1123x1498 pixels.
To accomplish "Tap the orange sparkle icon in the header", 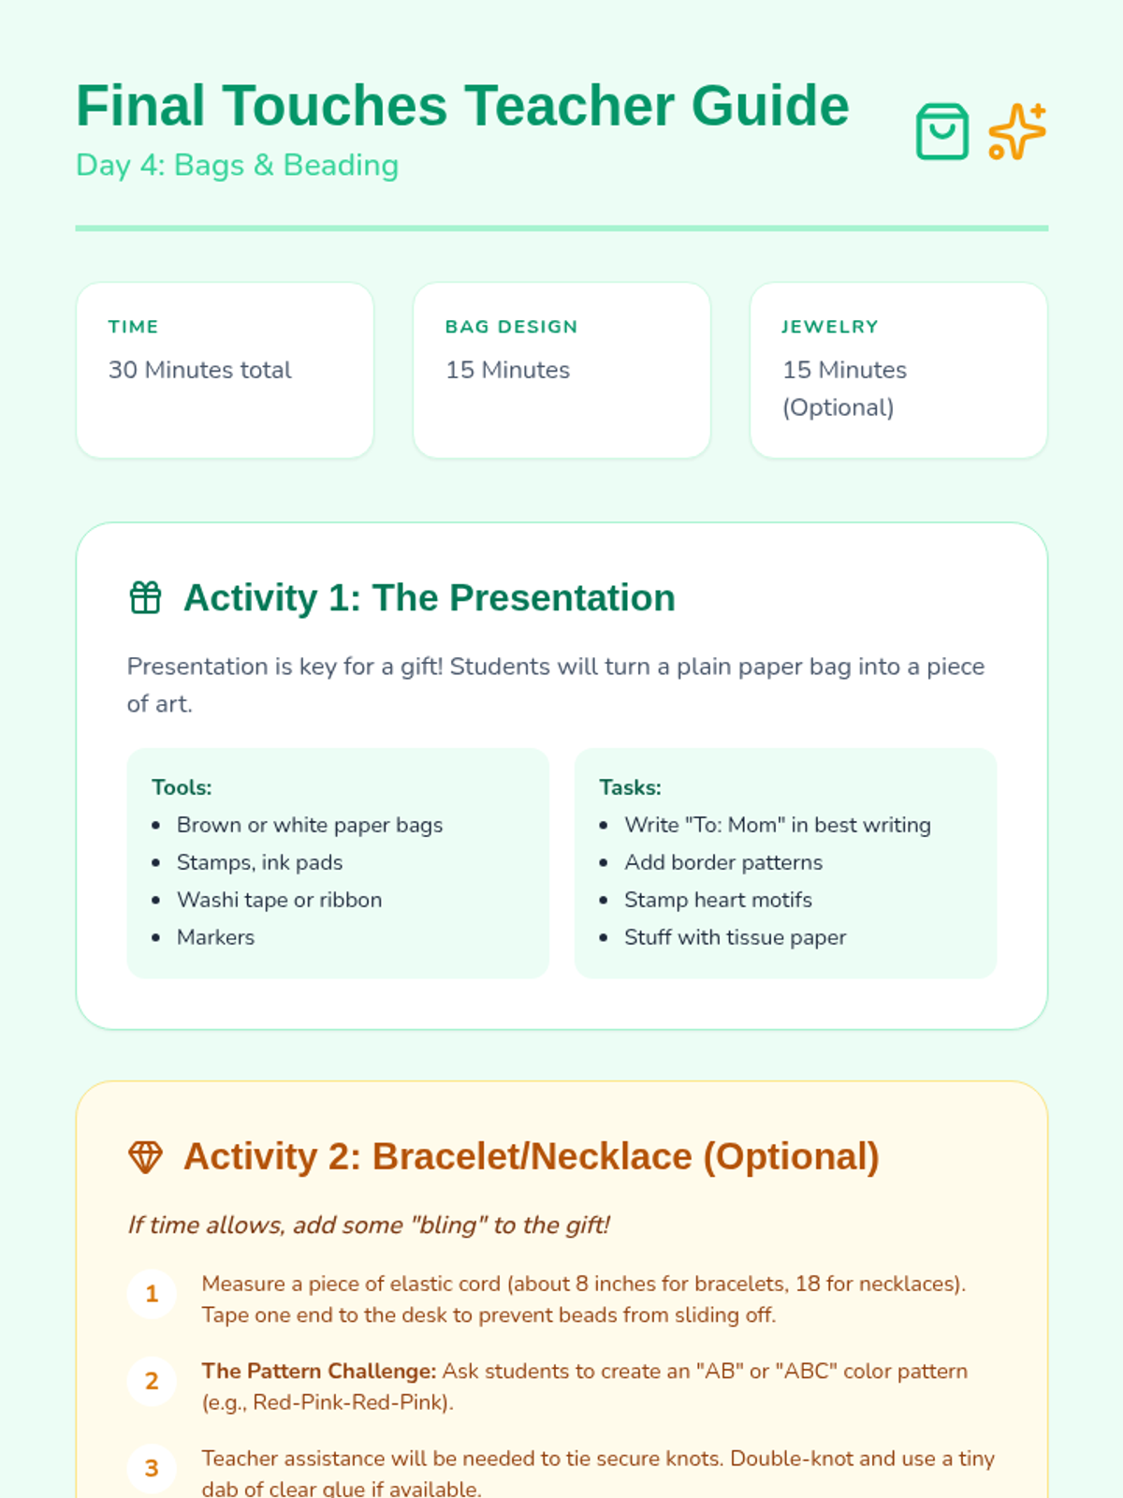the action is tap(1016, 131).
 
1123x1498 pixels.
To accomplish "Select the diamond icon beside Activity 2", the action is tap(145, 1157).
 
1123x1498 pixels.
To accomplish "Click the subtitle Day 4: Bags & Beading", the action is tap(238, 166).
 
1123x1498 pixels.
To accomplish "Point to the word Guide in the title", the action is tap(770, 106).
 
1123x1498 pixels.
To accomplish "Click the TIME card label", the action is tap(133, 327).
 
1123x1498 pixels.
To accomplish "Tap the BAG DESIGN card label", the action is tap(511, 327).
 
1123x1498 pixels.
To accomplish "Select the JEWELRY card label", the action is tap(830, 327).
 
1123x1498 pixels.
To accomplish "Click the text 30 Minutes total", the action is tap(199, 370).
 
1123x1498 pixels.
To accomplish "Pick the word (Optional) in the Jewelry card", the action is tap(838, 408).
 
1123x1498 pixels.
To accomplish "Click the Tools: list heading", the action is tap(182, 787).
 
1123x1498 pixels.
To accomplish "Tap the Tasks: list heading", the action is tap(630, 787).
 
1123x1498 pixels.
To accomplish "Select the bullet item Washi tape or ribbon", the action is tap(279, 900).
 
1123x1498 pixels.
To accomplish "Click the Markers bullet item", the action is tap(215, 938).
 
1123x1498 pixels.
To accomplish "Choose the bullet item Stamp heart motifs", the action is tap(718, 900).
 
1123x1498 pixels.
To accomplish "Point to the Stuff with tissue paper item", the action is tap(735, 938).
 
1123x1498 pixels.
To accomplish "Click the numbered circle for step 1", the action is tap(152, 1294).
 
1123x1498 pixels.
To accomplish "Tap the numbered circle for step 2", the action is tap(152, 1381).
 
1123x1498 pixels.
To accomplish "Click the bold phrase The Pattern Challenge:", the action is tap(318, 1371).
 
